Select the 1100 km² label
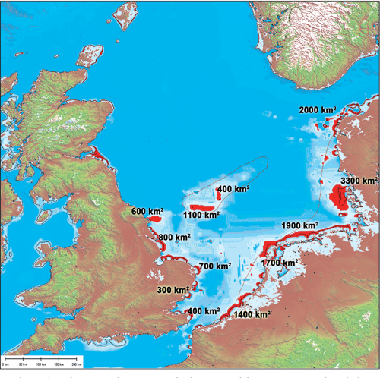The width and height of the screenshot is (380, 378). [x=201, y=216]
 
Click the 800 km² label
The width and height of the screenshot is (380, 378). [x=174, y=238]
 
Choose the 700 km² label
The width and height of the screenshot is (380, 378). [x=215, y=267]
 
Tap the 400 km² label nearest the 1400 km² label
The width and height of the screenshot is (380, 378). [x=204, y=311]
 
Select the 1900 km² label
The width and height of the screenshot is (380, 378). [x=299, y=226]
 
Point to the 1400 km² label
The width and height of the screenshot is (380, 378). [x=254, y=314]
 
